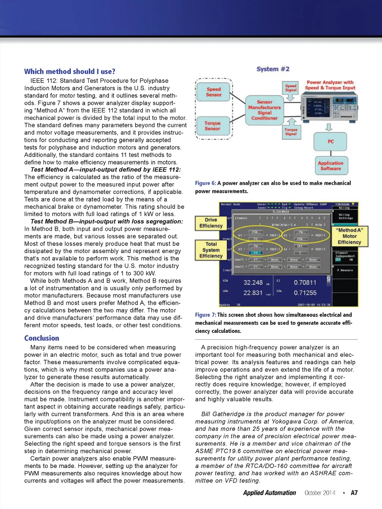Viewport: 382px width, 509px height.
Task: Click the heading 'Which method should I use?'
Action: pyautogui.click(x=70, y=71)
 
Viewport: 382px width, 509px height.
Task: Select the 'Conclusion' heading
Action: pyautogui.click(x=42, y=338)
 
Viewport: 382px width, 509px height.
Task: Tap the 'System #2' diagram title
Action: pyautogui.click(x=273, y=69)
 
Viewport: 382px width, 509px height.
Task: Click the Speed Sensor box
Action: pyautogui.click(x=214, y=92)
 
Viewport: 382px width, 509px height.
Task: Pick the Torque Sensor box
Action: pyautogui.click(x=212, y=126)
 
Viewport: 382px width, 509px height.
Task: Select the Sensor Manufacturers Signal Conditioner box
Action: pyautogui.click(x=264, y=110)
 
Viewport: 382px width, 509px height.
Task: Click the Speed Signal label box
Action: pyautogui.click(x=291, y=88)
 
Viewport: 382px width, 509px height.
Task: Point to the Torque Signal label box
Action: pyautogui.click(x=291, y=132)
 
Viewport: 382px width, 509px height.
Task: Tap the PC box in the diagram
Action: pyautogui.click(x=331, y=141)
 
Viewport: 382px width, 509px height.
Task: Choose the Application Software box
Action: pyautogui.click(x=331, y=166)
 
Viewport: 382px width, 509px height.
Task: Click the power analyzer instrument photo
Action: pyautogui.click(x=329, y=108)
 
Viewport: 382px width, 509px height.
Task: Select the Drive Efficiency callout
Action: pyautogui.click(x=211, y=223)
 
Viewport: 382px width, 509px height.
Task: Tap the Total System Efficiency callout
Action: pyautogui.click(x=211, y=250)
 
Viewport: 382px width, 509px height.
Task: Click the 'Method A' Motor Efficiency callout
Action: pyautogui.click(x=350, y=236)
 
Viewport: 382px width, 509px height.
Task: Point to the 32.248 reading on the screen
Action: pyautogui.click(x=253, y=282)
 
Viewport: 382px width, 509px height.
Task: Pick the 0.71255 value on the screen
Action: pyautogui.click(x=305, y=293)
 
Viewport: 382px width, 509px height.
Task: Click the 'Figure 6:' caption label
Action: pyautogui.click(x=206, y=183)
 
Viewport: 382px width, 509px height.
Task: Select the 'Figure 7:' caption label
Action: pyautogui.click(x=206, y=315)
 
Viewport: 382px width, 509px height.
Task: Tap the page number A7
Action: pyautogui.click(x=354, y=493)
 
